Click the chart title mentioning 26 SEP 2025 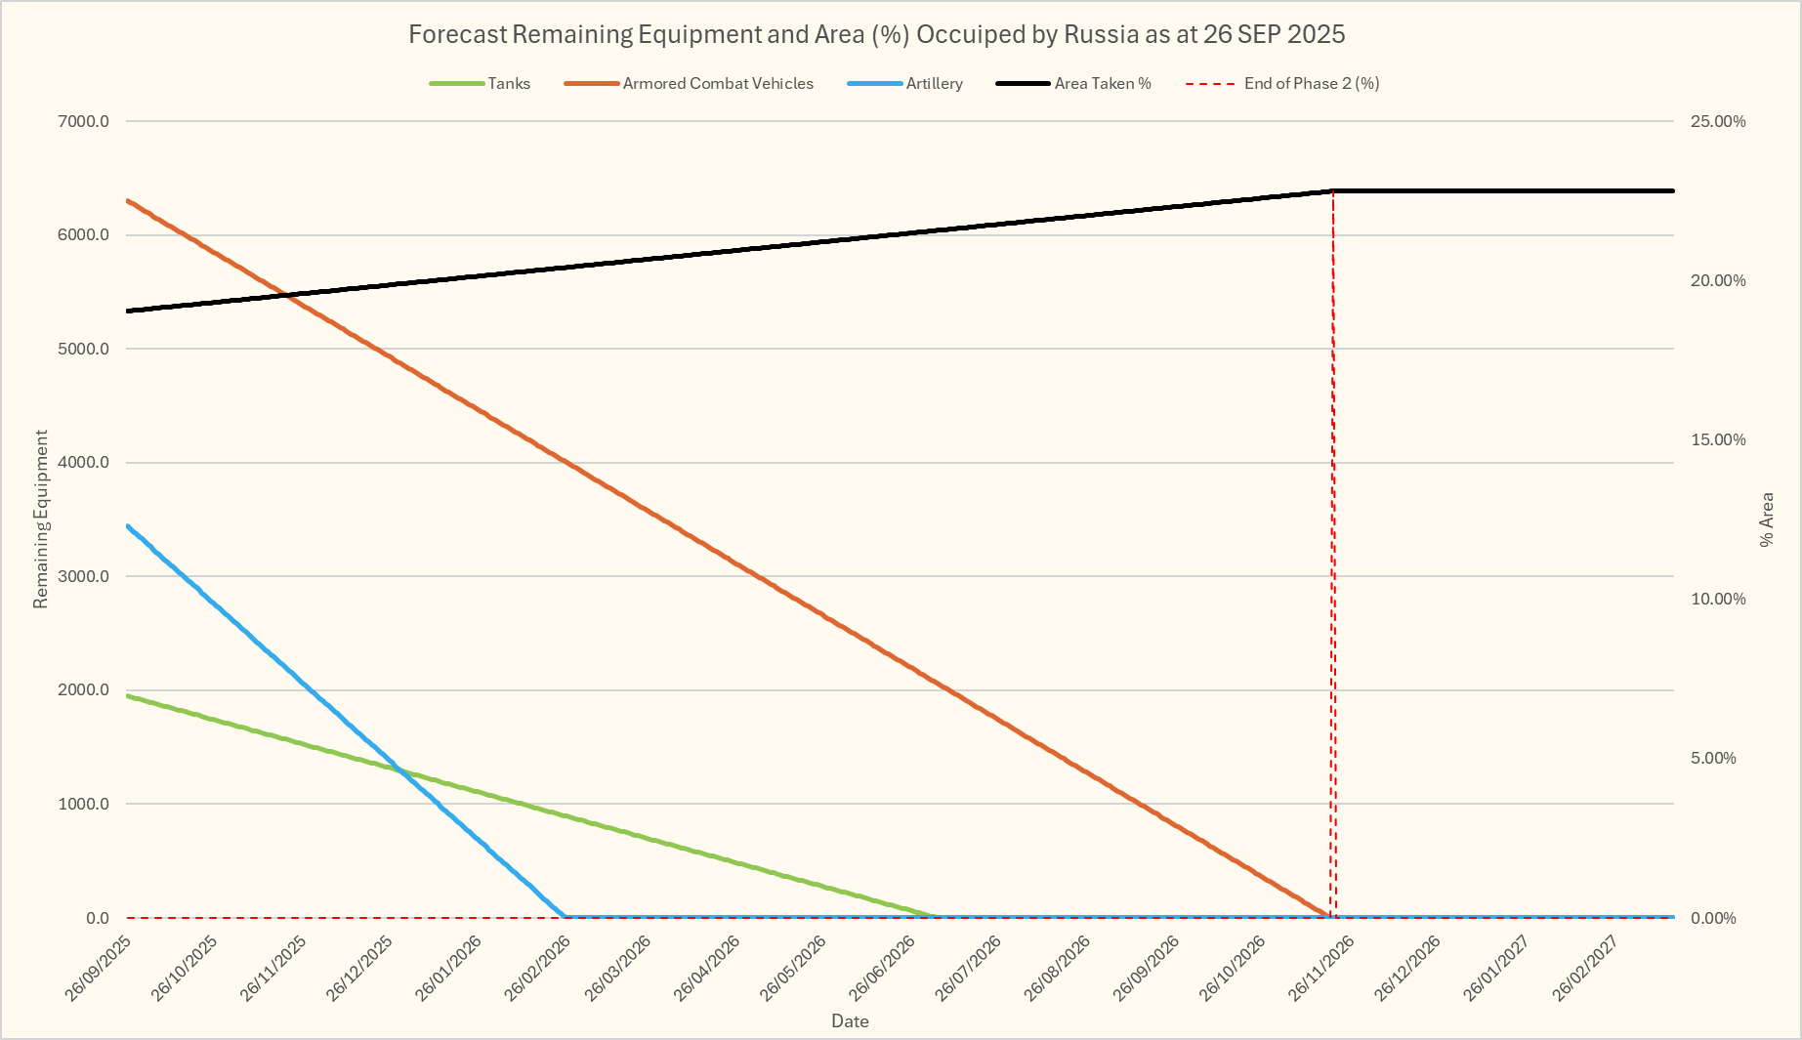876,34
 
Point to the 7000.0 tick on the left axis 84,121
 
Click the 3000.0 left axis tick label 84,576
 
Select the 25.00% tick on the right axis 1718,121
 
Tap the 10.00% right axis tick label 1718,599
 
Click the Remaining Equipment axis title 41,519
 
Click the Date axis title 850,1021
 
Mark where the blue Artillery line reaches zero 565,917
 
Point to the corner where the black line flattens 1333,190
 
